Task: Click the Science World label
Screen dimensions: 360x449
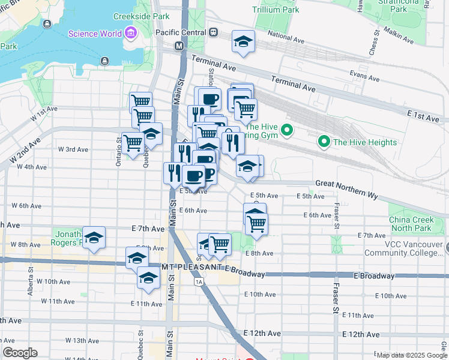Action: (x=95, y=34)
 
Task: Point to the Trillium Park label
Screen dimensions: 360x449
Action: (x=276, y=10)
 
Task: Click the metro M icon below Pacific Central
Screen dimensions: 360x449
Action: (x=179, y=46)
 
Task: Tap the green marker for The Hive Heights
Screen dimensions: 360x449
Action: (x=325, y=142)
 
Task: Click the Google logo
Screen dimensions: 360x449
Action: (x=20, y=353)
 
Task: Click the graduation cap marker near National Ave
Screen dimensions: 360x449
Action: (x=243, y=42)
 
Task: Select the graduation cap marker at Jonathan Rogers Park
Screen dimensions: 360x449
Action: (x=94, y=238)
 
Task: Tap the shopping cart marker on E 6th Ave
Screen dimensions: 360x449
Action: (x=256, y=223)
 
